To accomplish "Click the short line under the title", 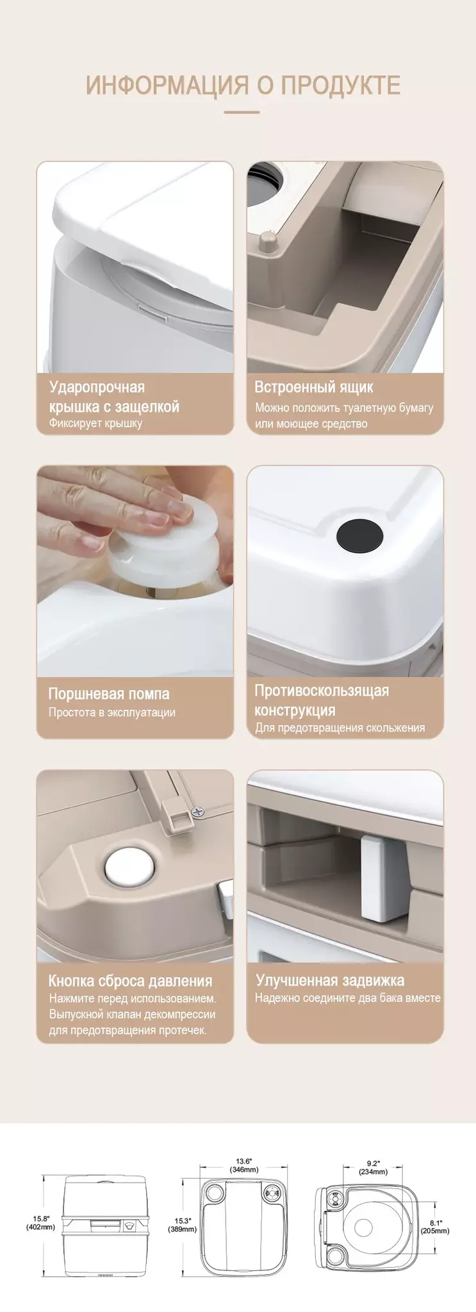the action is [242, 112].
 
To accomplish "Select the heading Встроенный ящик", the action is [313, 387].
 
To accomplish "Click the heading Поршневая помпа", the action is [109, 694].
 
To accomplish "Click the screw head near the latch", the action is [198, 811].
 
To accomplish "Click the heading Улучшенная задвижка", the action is [330, 980].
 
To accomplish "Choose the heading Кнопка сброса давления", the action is [130, 981].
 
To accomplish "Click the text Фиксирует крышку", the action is [95, 423].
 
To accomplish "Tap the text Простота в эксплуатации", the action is [112, 712].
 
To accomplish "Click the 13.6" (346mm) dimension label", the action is [243, 1165].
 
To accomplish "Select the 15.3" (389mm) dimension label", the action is [183, 1225].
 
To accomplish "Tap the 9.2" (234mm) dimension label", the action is [373, 1167].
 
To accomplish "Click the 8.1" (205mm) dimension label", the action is [435, 1227].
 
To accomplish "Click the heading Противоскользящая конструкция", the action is [322, 700].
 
